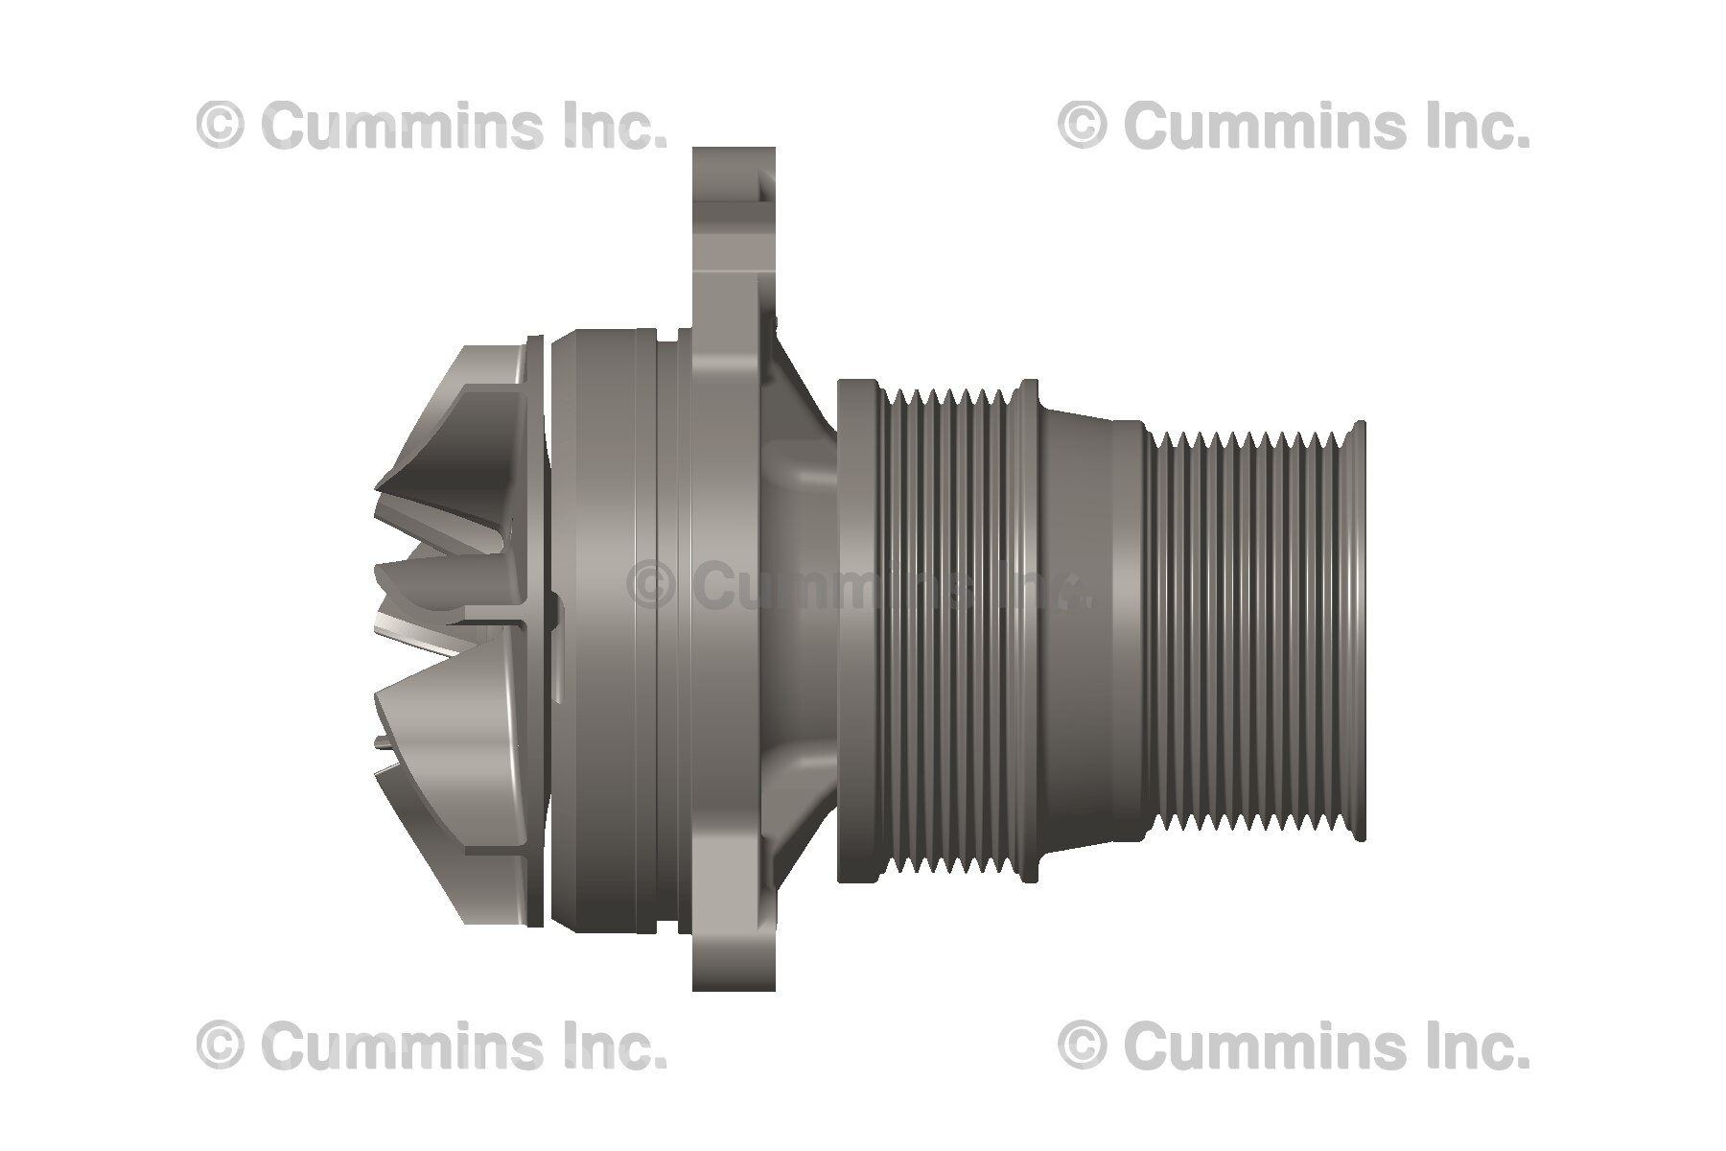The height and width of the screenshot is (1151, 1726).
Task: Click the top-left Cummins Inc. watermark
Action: [431, 126]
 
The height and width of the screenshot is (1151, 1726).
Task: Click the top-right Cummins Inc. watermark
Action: [1294, 126]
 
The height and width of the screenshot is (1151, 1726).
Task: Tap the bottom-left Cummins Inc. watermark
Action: [431, 1045]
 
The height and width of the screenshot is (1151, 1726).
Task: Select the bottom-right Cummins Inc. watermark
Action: [1294, 1045]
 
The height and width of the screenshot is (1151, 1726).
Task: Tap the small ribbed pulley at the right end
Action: [1247, 633]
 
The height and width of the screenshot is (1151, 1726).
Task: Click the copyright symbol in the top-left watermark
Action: [221, 126]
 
